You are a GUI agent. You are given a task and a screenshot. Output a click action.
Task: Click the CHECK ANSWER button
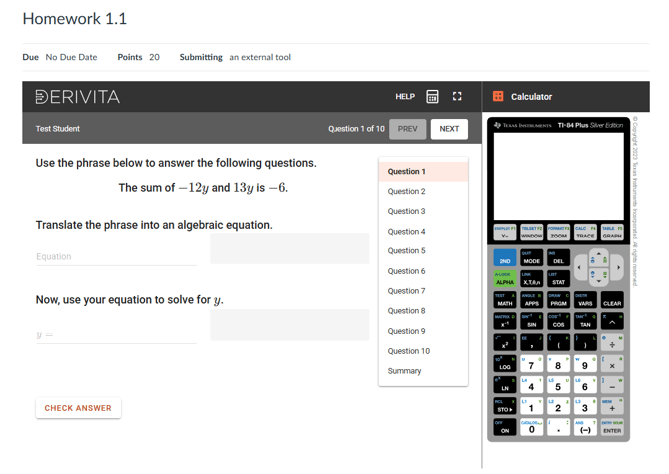tap(78, 408)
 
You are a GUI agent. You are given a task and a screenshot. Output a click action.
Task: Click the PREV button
tap(407, 129)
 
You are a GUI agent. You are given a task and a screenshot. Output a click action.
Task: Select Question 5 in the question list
tap(406, 251)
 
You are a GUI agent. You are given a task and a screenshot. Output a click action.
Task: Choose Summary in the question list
tap(404, 371)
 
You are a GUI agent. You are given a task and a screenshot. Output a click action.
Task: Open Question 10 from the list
tap(408, 351)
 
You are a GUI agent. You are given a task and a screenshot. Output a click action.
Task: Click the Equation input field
tap(116, 256)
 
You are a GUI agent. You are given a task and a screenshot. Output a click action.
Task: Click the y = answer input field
tap(116, 335)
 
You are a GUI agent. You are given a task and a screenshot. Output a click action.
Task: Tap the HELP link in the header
tap(404, 97)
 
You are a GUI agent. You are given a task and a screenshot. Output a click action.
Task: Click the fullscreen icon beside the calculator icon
tap(457, 97)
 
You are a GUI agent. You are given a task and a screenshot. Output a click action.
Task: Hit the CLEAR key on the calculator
tap(612, 303)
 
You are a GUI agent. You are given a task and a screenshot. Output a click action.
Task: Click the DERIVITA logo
tap(77, 97)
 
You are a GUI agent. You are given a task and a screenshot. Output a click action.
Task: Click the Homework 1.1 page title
tap(74, 19)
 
